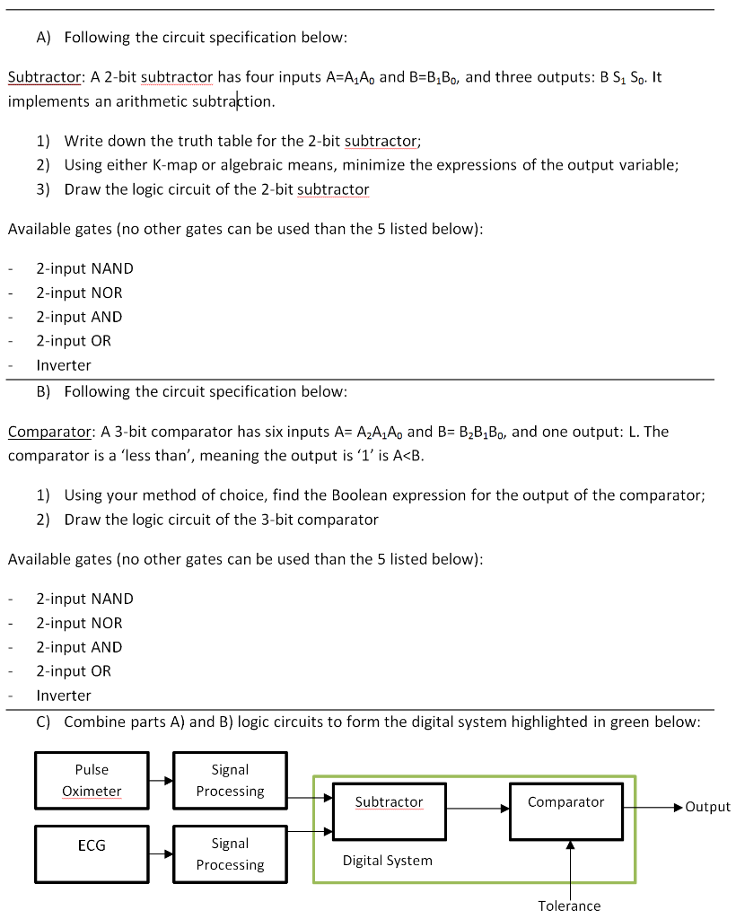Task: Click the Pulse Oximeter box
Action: tap(92, 781)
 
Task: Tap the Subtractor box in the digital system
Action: tap(389, 810)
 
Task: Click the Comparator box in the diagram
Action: tap(565, 810)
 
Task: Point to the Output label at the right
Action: tap(706, 807)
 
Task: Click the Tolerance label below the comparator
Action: tap(569, 906)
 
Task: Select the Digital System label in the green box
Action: tap(387, 861)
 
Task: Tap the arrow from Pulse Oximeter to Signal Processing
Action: tap(161, 781)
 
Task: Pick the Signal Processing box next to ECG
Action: tap(230, 853)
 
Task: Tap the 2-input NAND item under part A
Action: tap(84, 268)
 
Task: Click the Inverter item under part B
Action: tap(64, 696)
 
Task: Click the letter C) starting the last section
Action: tap(44, 722)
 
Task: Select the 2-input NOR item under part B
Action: tap(79, 623)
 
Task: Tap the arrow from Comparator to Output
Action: tap(653, 807)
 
